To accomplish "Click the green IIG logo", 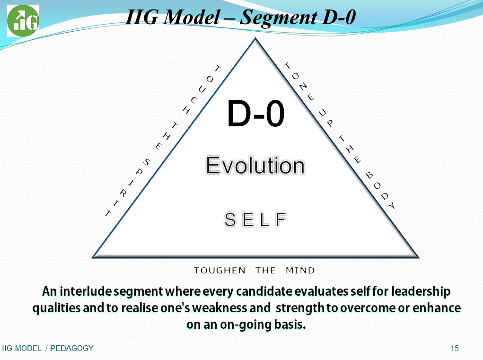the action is click(23, 21).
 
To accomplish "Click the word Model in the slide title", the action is click(191, 17).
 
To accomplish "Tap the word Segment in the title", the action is click(278, 18).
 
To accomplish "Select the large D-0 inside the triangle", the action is click(255, 114).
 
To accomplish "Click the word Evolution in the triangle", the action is click(255, 166).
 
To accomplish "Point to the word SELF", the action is click(255, 220).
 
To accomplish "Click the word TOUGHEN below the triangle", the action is click(220, 271).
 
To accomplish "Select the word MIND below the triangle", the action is click(300, 271).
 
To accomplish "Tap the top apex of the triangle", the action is click(255, 38).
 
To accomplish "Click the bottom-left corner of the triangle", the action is click(93, 257).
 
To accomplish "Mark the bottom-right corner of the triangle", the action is click(418, 257).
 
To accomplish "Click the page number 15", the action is click(455, 348).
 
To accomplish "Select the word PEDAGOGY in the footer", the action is click(72, 348).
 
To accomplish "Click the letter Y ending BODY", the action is click(392, 206).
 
